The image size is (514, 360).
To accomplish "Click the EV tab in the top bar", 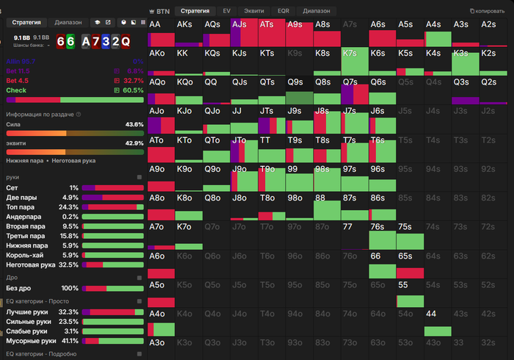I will pyautogui.click(x=226, y=12).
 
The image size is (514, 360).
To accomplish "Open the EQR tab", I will pyautogui.click(x=283, y=12).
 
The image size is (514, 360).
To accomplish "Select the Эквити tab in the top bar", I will pyautogui.click(x=254, y=12).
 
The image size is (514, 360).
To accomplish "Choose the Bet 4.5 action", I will pyautogui.click(x=18, y=80).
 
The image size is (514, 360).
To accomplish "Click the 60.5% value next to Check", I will pyautogui.click(x=133, y=90).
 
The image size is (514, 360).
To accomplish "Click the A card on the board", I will pyautogui.click(x=84, y=41).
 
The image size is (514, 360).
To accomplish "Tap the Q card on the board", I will pyautogui.click(x=125, y=41).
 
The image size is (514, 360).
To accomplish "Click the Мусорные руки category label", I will pyautogui.click(x=31, y=341).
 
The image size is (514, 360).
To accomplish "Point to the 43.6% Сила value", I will pyautogui.click(x=134, y=124).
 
